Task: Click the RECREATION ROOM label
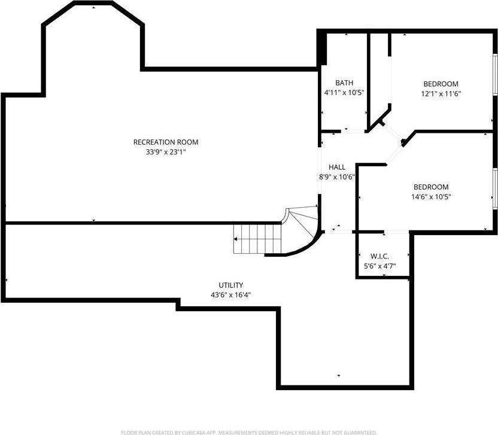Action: pos(165,142)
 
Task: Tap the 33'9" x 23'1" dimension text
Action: pos(165,153)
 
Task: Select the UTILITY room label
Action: pos(230,285)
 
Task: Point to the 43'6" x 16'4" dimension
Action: pos(230,295)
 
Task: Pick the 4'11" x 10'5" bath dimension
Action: pos(344,93)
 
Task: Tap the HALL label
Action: pos(337,167)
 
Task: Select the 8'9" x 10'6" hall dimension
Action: pos(337,177)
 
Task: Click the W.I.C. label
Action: pos(380,256)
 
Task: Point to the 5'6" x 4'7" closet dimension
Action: pos(380,266)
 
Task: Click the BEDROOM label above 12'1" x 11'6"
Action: pos(441,84)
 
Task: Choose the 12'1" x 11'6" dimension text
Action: pos(441,93)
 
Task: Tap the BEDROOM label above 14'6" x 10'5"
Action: pos(430,187)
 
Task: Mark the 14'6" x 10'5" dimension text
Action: pos(430,197)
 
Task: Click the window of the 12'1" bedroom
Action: pos(495,75)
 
